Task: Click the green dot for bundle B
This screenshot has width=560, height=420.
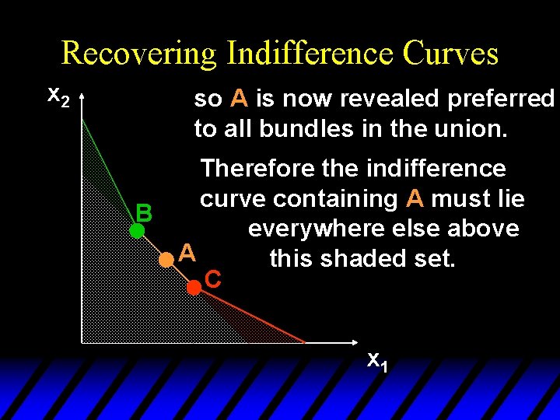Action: pos(137,230)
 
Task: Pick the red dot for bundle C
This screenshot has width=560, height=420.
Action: pos(193,287)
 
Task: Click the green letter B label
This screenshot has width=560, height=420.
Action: pos(144,212)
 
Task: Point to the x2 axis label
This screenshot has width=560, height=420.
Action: pos(59,96)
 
